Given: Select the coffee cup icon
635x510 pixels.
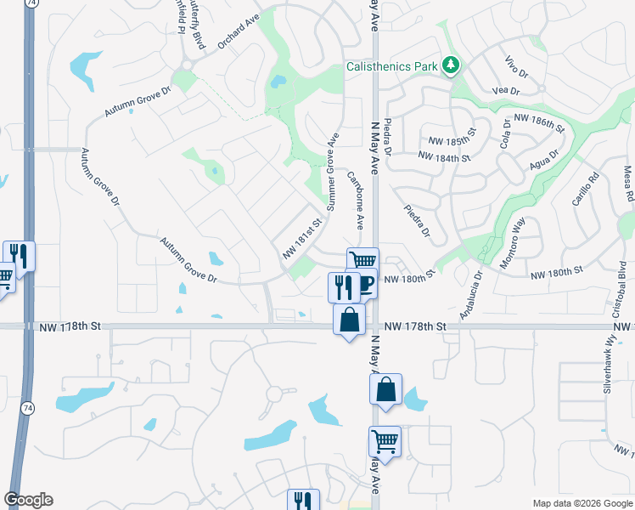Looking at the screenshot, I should click(366, 284).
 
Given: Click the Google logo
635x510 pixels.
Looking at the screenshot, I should click(28, 500).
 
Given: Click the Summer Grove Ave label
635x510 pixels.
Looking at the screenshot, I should click(333, 172).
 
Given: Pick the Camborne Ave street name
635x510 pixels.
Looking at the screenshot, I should click(356, 199).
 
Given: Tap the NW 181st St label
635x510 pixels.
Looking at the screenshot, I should click(304, 241).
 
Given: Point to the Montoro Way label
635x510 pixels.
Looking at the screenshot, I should click(514, 242).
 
